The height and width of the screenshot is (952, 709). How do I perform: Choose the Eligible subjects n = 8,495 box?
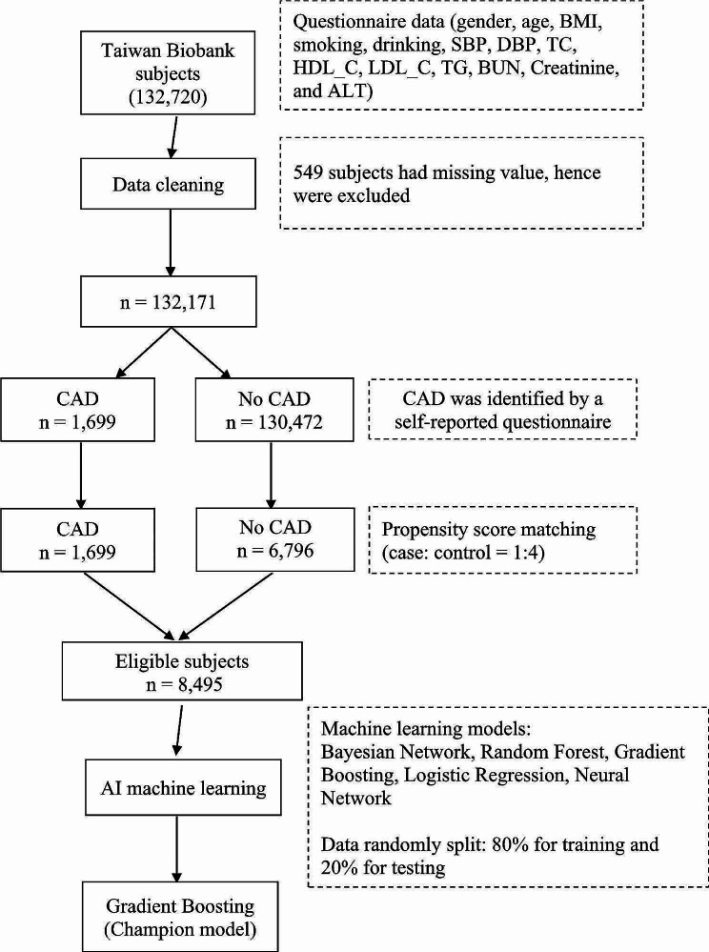pos(172,673)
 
